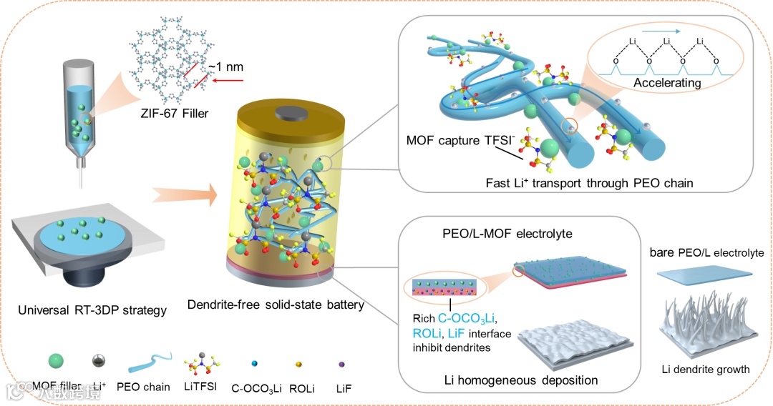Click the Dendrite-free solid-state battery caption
(x=276, y=305)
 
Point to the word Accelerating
(x=667, y=84)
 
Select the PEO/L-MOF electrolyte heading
(x=505, y=234)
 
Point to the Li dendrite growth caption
(x=706, y=370)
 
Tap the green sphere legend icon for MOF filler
(x=52, y=362)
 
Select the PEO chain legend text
(x=146, y=387)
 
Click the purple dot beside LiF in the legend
(x=341, y=364)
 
